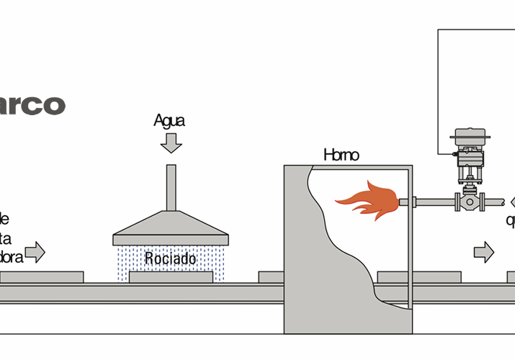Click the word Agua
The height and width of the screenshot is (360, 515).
[x=169, y=120]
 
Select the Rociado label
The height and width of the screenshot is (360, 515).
[x=170, y=258]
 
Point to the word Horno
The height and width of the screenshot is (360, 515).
[x=341, y=155]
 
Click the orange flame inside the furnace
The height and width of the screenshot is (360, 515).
[x=367, y=201]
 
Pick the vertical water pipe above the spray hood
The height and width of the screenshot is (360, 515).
[x=171, y=188]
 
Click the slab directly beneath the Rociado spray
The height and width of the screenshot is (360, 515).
[x=171, y=277]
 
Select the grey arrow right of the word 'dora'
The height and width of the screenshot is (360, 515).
[x=35, y=252]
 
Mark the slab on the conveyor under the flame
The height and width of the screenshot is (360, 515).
[x=418, y=277]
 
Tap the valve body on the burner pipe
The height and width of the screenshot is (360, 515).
[x=470, y=202]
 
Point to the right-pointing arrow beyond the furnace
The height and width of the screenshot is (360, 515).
[x=484, y=252]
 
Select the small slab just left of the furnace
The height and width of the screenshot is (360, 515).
[x=271, y=277]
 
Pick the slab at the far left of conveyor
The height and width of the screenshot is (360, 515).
[x=41, y=277]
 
